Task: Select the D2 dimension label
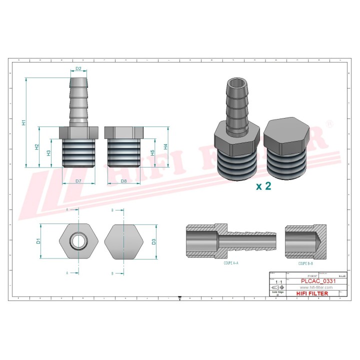tap(78, 68)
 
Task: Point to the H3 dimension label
tap(49, 153)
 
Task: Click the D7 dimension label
tap(78, 180)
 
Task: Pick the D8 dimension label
tap(123, 180)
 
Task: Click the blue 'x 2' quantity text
tap(263, 186)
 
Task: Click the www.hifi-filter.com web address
tap(316, 287)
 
